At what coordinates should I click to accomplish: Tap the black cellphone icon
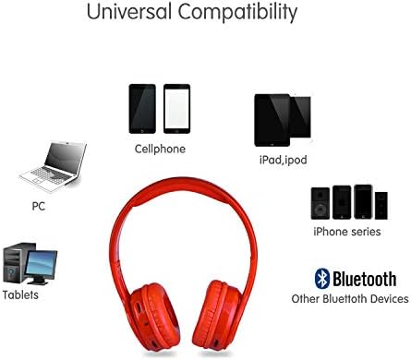pyautogui.click(x=142, y=109)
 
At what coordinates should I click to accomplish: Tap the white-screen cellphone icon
pyautogui.click(x=176, y=109)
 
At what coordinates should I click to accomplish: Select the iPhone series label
pyautogui.click(x=348, y=232)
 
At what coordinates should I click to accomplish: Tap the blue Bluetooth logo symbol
pyautogui.click(x=322, y=278)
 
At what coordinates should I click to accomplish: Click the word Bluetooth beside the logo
pyautogui.click(x=365, y=278)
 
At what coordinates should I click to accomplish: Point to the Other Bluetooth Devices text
pyautogui.click(x=350, y=299)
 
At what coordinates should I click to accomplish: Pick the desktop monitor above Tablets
pyautogui.click(x=41, y=265)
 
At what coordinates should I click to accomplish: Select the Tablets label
pyautogui.click(x=21, y=295)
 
